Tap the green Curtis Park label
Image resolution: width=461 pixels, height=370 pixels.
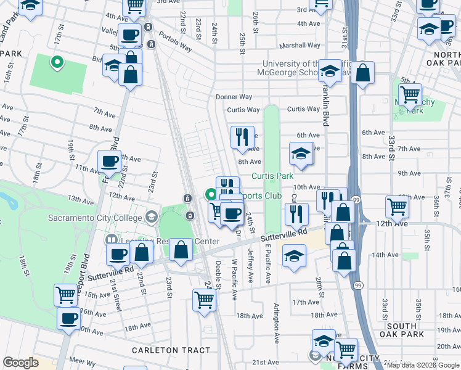272,176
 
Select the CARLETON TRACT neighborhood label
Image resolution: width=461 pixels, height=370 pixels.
172,350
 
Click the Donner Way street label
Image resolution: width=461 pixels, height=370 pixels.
234,97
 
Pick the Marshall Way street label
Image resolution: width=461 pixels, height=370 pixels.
300,45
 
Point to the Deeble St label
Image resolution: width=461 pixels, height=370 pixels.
218,269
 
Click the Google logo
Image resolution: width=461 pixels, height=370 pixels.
21,363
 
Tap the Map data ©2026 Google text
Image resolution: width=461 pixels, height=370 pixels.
423,364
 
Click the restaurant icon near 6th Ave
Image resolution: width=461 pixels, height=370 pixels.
242,136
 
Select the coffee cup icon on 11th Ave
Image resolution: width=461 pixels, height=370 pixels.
109,162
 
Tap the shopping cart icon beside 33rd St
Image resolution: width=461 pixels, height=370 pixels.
396,207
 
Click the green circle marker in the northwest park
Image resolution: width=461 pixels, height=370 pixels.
57,62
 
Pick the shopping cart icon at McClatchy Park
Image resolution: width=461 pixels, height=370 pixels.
409,95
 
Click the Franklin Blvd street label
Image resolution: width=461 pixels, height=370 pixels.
324,105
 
